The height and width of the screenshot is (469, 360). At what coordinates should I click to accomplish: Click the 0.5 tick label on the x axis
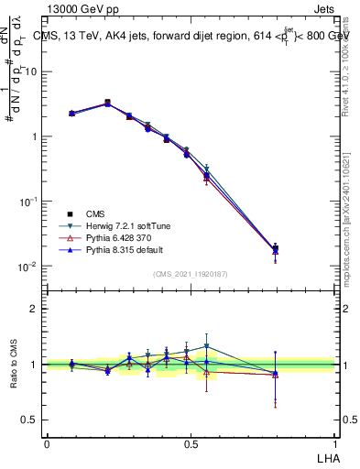[190, 442]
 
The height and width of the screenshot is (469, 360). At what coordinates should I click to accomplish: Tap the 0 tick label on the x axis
[47, 442]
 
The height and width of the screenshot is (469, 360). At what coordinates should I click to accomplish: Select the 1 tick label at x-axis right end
[333, 442]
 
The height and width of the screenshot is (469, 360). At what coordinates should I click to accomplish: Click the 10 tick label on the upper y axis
[32, 71]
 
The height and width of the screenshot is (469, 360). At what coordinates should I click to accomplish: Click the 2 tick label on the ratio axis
[35, 309]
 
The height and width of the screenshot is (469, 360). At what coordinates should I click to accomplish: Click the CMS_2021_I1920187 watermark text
[190, 273]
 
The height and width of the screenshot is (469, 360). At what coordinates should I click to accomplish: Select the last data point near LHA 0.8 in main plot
[276, 248]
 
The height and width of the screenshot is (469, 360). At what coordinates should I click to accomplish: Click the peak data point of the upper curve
[108, 103]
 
